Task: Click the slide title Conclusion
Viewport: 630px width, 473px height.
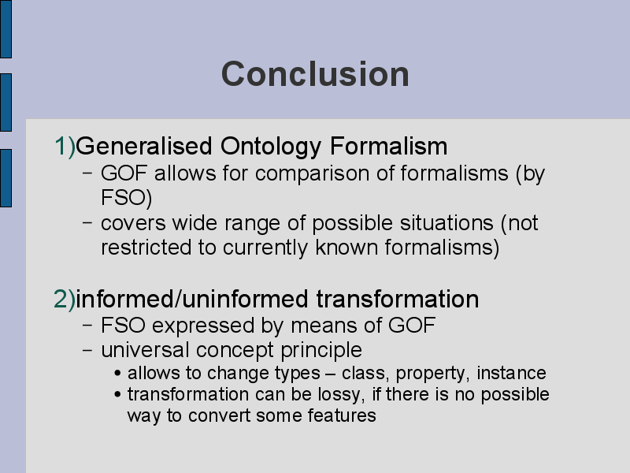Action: pos(315,74)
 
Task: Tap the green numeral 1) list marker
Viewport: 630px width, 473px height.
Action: pos(65,146)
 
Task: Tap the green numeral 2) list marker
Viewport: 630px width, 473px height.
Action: pos(65,300)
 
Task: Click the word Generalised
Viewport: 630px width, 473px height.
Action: pos(144,146)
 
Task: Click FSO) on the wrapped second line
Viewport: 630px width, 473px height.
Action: pos(127,199)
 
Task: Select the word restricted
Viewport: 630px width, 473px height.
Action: pos(146,247)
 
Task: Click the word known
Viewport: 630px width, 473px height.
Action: pos(346,247)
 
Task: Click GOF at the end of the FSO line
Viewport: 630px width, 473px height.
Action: pos(412,325)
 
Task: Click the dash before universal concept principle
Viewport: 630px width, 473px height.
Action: pos(87,350)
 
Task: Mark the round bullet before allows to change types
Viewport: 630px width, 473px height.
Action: pos(117,374)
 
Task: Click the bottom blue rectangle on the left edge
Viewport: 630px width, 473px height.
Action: pos(6,178)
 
